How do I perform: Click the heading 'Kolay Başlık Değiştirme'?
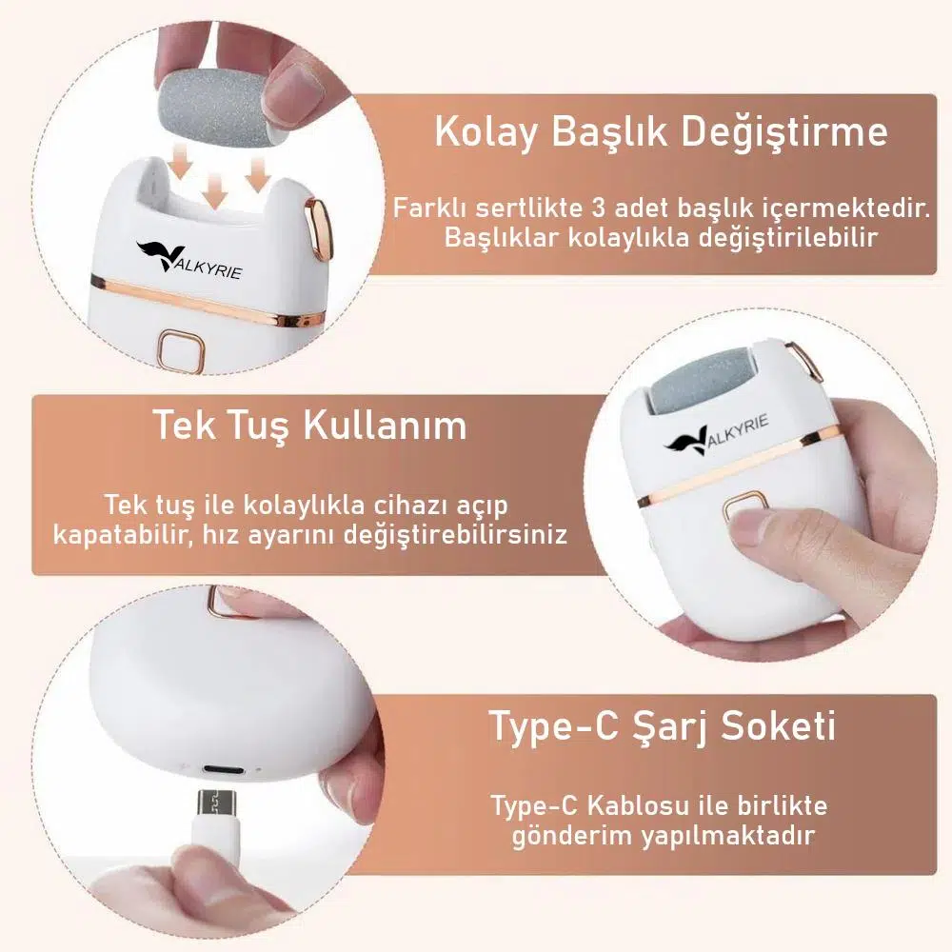(x=662, y=132)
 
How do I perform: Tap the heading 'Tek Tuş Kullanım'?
(x=309, y=425)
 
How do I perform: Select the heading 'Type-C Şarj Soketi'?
(x=663, y=725)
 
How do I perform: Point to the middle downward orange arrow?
(x=213, y=190)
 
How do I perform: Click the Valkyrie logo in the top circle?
(x=188, y=259)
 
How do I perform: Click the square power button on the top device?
(x=182, y=350)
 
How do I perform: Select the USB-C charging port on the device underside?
(x=225, y=770)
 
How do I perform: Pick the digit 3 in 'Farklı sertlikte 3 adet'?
(x=598, y=208)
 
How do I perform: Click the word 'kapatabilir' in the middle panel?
(x=123, y=535)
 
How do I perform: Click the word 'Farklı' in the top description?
(x=430, y=208)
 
